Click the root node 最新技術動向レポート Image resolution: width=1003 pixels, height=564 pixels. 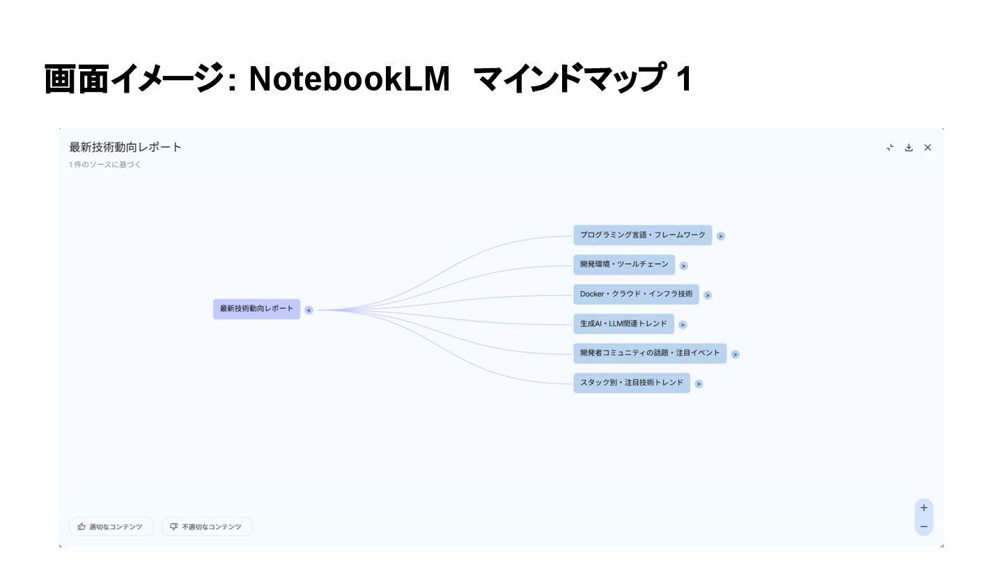coord(256,309)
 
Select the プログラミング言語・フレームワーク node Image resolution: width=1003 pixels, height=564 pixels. coord(642,235)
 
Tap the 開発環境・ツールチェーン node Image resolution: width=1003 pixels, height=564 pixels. coord(624,265)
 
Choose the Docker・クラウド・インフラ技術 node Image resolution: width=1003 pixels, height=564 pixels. coord(636,295)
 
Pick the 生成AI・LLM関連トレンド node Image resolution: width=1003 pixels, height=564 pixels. coord(623,324)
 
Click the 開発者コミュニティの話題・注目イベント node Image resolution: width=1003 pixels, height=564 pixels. coord(650,353)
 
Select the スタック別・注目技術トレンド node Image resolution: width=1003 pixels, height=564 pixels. coord(632,383)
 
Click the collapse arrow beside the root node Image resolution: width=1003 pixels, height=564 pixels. coord(309,311)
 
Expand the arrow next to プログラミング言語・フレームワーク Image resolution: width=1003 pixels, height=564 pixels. coord(721,236)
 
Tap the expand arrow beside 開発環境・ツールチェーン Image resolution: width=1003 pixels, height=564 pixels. coord(684,265)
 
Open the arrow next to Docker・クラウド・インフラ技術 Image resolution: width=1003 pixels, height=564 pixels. coord(708,295)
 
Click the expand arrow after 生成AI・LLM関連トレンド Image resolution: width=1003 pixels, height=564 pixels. coord(683,324)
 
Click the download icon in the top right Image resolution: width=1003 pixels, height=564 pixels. coord(908,148)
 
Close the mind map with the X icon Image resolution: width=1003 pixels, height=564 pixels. coord(928,148)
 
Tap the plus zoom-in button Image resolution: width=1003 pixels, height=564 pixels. coord(924,508)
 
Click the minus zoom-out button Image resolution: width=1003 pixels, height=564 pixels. coord(924,526)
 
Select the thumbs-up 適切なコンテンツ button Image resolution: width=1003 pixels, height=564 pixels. coord(111,527)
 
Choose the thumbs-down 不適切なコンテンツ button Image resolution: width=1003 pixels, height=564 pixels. coord(207,527)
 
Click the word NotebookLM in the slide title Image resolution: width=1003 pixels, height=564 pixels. coord(350,80)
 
